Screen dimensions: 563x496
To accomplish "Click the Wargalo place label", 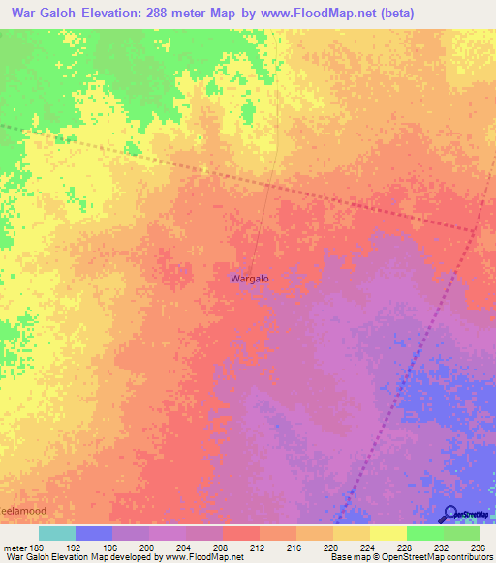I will tap(249, 279).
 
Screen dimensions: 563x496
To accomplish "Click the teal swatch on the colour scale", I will tap(56, 533).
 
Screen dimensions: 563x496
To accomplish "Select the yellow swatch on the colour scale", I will tap(387, 533).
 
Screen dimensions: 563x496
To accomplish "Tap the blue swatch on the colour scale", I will tap(94, 533).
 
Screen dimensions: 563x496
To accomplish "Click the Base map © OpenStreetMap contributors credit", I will tap(410, 557).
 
